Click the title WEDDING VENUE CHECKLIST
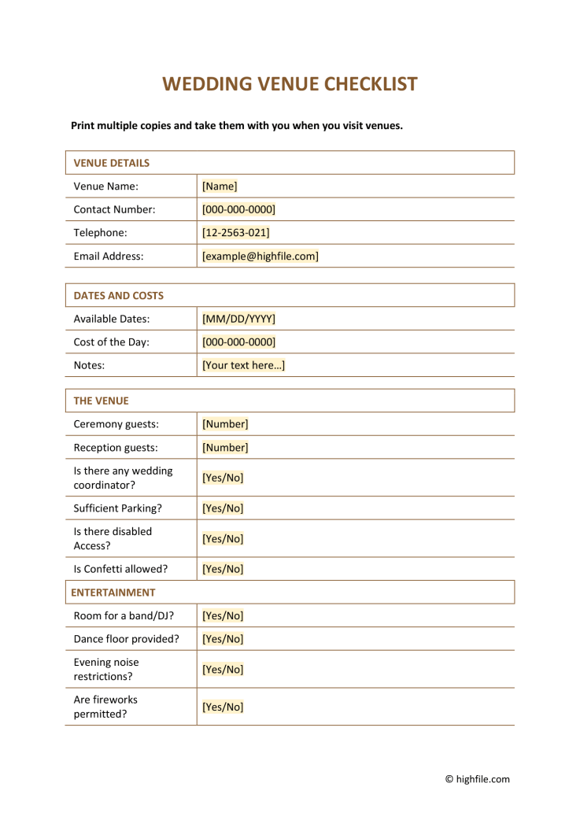tap(290, 84)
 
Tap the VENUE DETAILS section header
tap(111, 163)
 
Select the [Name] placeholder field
tap(220, 187)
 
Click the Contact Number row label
tap(114, 209)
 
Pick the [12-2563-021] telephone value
tap(235, 233)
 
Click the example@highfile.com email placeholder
tap(260, 256)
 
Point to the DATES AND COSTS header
tap(118, 296)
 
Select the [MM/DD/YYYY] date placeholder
tap(238, 319)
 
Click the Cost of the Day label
tap(111, 342)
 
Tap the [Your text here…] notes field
tap(243, 365)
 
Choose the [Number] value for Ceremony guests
tap(225, 424)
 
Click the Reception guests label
tap(115, 448)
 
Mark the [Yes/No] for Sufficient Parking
tap(223, 508)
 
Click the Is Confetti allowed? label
tap(120, 569)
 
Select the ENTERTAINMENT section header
tap(114, 593)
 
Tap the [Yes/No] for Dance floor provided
tap(223, 639)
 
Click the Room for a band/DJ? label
tap(124, 615)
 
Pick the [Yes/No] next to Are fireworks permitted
tap(223, 707)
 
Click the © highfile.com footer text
tap(477, 779)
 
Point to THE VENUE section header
tap(101, 401)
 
